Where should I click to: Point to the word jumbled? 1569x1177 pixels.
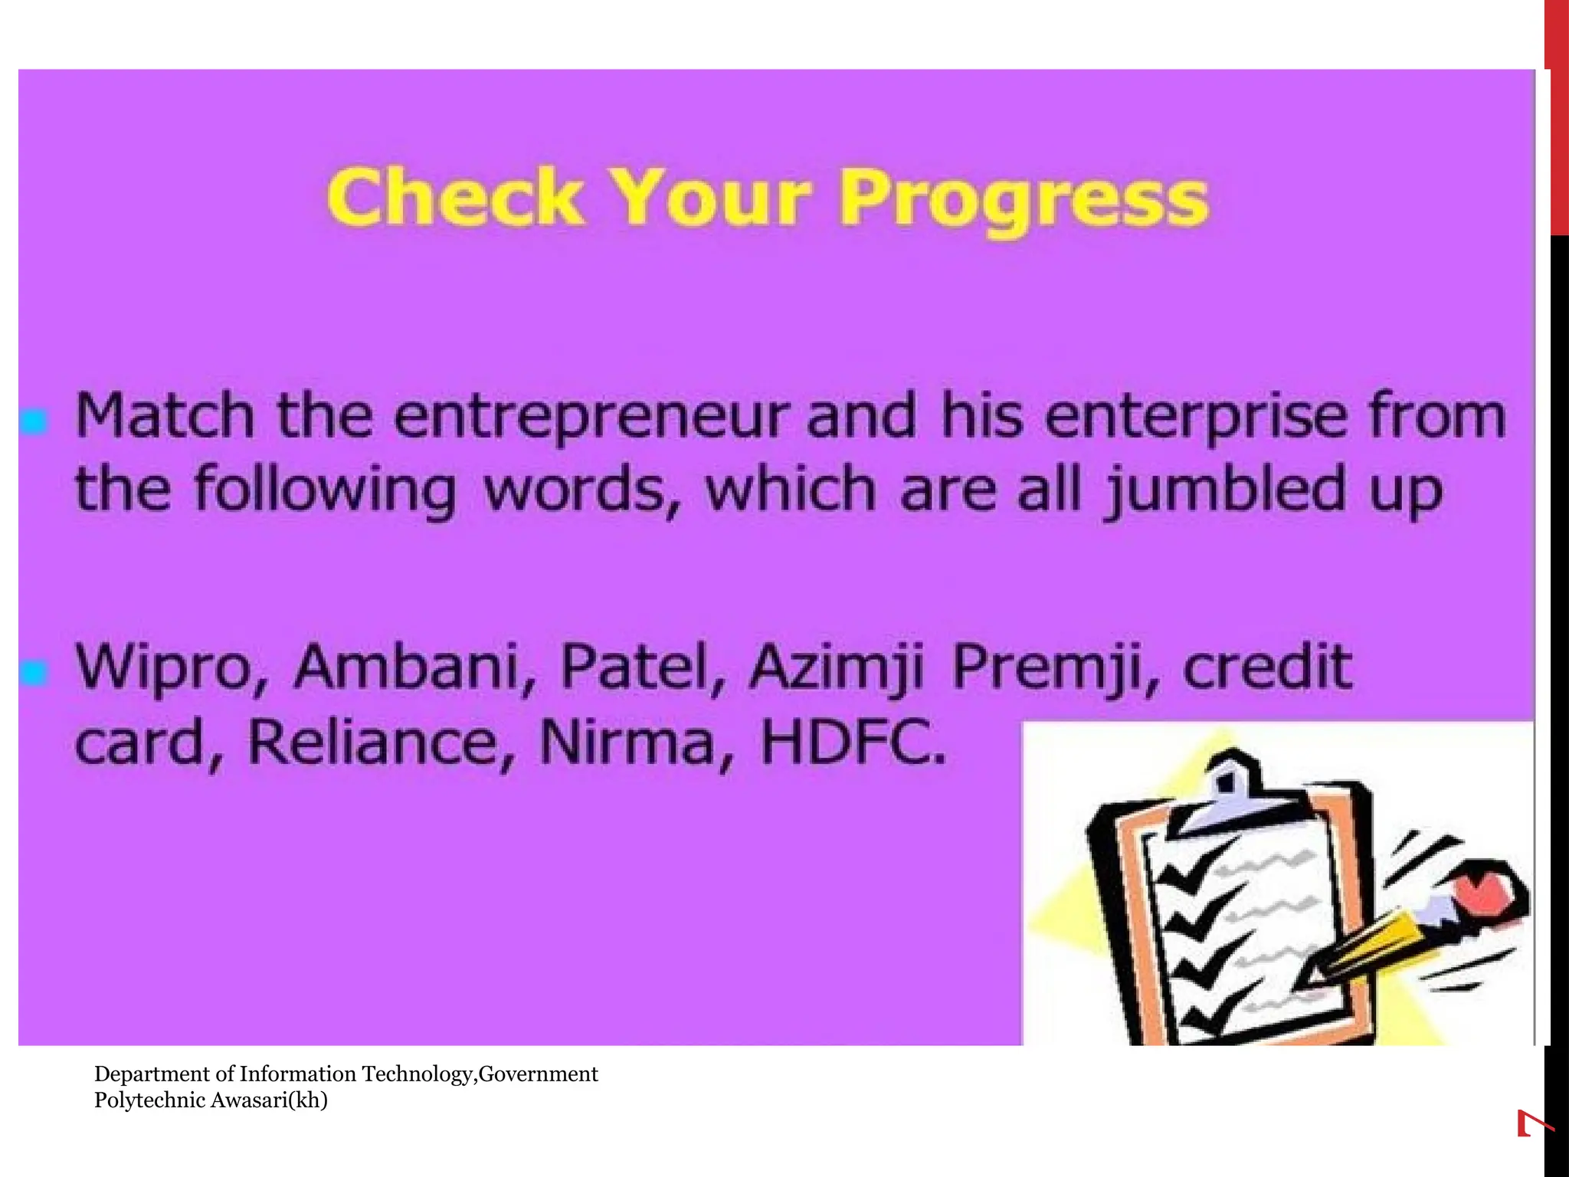[1226, 490]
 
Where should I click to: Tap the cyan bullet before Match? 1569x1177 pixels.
[34, 421]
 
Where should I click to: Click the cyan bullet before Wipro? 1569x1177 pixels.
[34, 673]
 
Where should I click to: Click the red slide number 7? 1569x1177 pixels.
[1535, 1124]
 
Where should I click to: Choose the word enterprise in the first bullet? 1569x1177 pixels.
[1196, 418]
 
